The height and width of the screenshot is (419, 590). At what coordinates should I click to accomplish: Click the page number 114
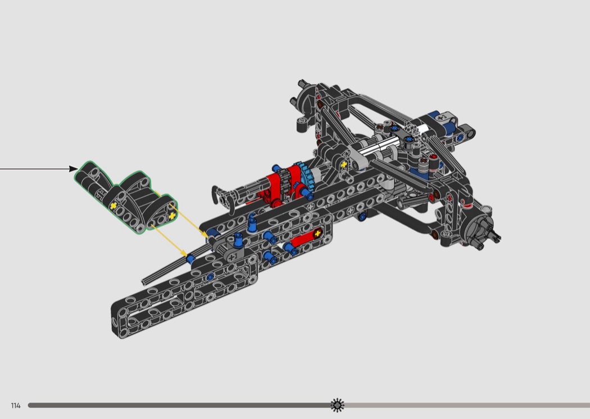point(15,406)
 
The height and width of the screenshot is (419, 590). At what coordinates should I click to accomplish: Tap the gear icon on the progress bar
point(337,405)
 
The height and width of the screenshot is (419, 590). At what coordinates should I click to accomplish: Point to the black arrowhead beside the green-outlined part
point(74,169)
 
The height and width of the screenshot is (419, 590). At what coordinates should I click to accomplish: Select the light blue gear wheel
point(305,176)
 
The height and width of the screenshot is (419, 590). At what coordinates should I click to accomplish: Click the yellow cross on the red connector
point(317,234)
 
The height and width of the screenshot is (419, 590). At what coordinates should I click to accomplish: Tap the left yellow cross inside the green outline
point(114,206)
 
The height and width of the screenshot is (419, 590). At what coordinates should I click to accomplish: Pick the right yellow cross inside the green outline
point(172,216)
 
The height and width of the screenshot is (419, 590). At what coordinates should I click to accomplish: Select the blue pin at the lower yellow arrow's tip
point(190,259)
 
